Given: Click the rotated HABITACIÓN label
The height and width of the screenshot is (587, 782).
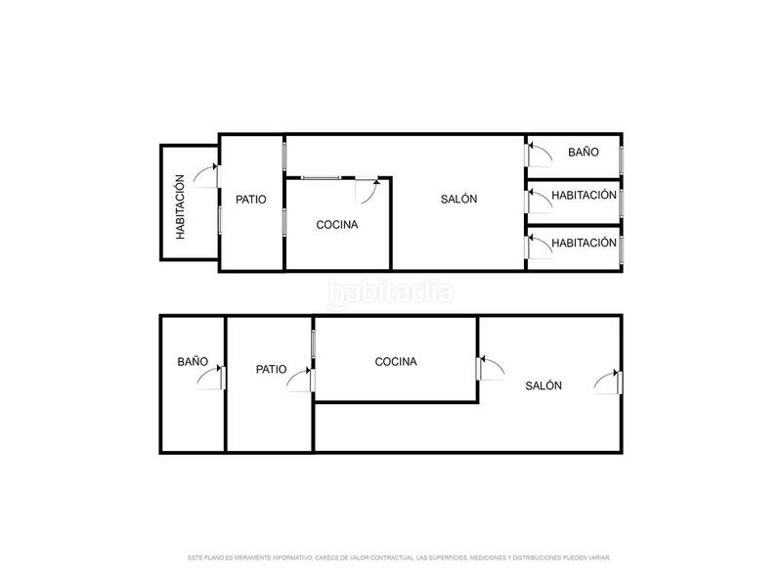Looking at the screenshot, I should tap(180, 207).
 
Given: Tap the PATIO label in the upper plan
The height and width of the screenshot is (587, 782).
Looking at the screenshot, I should tap(251, 199).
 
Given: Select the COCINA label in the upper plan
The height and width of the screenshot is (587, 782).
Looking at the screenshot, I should tap(337, 224).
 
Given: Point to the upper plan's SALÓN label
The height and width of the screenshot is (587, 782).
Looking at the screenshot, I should tap(458, 199).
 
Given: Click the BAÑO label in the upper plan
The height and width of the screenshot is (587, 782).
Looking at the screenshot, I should tap(584, 153).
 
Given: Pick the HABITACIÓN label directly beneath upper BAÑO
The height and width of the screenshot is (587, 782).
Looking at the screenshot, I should tap(584, 195).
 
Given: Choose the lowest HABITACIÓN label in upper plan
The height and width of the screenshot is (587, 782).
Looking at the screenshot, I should tap(584, 242).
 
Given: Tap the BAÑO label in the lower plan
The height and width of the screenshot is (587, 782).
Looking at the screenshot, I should tap(193, 361).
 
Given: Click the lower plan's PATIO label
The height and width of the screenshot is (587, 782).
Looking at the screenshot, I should tap(271, 369).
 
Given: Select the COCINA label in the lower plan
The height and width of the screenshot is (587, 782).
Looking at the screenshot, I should tap(396, 361).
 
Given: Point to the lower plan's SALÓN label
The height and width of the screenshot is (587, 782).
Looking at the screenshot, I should tap(543, 385).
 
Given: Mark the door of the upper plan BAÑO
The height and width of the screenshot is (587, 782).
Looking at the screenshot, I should tap(538, 154).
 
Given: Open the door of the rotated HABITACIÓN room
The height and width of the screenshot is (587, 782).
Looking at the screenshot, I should tap(206, 175).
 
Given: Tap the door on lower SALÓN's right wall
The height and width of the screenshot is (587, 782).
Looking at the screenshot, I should tap(607, 382).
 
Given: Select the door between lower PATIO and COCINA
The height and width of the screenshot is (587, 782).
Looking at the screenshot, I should tap(301, 380).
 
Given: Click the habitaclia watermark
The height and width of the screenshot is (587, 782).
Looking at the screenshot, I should tap(391, 291).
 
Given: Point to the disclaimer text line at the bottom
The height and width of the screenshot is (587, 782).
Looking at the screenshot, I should tap(399, 558).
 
